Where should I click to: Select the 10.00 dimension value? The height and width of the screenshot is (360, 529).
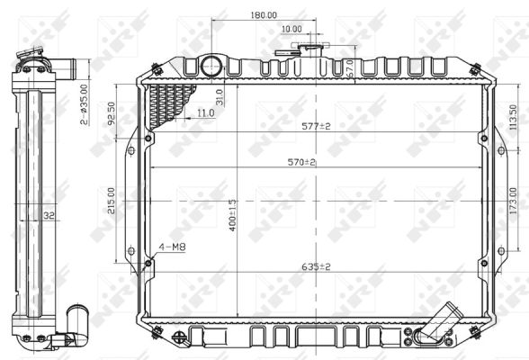pos(291,29)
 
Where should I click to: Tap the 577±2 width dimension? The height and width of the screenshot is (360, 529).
pos(316,126)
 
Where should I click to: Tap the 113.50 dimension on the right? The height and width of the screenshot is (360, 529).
pos(513,118)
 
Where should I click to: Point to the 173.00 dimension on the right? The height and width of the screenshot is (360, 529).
pos(513,213)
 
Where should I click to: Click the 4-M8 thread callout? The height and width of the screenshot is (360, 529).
pos(173,246)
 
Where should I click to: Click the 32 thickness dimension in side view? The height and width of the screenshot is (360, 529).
pos(49,216)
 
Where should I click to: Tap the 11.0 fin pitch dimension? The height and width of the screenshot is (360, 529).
pos(205,112)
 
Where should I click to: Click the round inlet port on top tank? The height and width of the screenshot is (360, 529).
pos(211,66)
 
